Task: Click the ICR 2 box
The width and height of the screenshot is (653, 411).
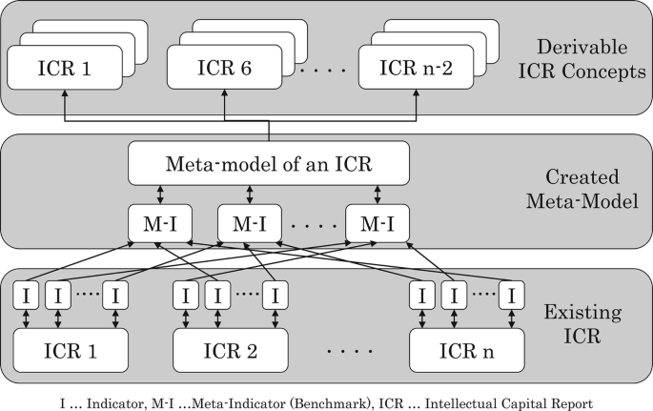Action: tap(229, 350)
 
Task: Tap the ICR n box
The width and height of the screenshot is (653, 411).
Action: tap(465, 350)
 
